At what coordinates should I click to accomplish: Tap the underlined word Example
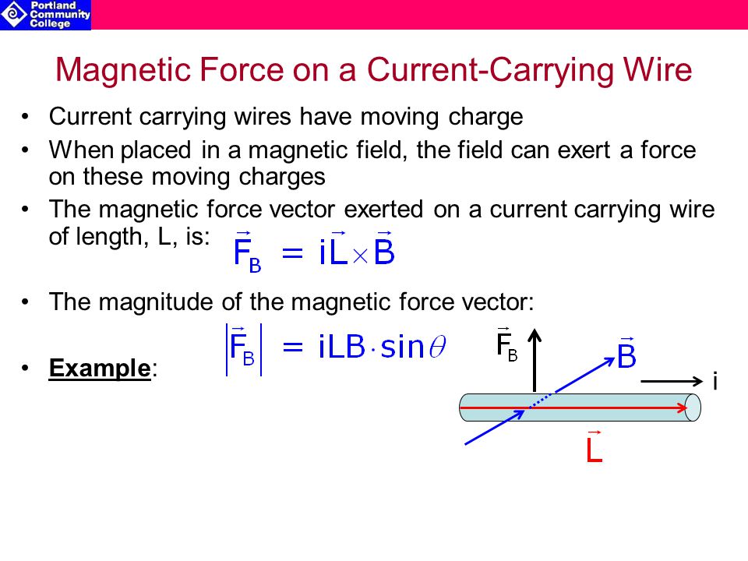100,368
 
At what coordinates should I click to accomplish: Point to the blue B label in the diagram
627,356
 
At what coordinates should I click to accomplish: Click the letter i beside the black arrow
714,382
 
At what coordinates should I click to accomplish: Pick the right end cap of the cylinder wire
693,407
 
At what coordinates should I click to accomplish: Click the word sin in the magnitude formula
403,347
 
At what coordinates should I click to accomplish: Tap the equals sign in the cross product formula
291,254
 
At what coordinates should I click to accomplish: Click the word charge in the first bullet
486,117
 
